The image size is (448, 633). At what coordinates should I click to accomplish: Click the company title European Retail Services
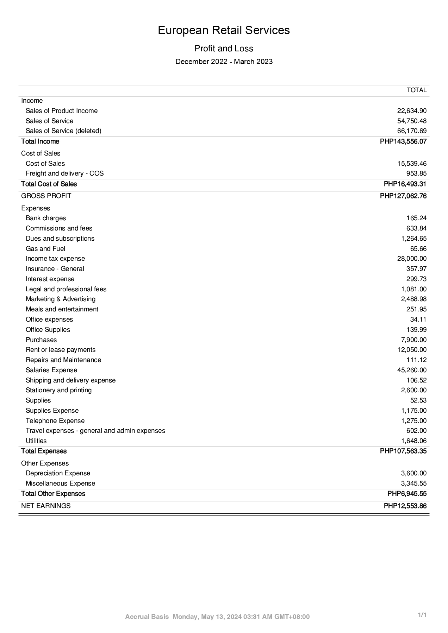click(224, 30)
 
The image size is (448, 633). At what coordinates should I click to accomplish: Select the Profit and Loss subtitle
click(224, 48)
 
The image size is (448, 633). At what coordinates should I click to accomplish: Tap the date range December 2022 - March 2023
click(224, 62)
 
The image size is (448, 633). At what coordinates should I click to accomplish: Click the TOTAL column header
click(416, 90)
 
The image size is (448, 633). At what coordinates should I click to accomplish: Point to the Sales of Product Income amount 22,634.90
click(411, 111)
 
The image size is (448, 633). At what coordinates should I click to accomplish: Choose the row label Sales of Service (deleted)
click(63, 131)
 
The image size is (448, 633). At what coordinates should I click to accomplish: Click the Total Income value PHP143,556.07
click(403, 141)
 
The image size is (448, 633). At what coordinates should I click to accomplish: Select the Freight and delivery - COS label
click(64, 173)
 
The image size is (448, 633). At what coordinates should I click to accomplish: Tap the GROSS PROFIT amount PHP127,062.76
click(403, 196)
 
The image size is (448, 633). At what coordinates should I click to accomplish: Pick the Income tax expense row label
click(55, 259)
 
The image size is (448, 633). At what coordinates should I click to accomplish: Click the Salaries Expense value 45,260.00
click(411, 370)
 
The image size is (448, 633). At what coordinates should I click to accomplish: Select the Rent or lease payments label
click(61, 350)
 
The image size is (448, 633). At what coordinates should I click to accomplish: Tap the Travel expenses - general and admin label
click(95, 431)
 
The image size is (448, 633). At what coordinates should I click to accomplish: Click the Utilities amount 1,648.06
click(413, 441)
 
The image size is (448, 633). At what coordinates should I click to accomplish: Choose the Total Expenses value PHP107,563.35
click(403, 451)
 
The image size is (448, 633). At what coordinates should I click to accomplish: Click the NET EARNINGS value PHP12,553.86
click(405, 506)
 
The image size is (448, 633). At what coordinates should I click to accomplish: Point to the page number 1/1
click(422, 615)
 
